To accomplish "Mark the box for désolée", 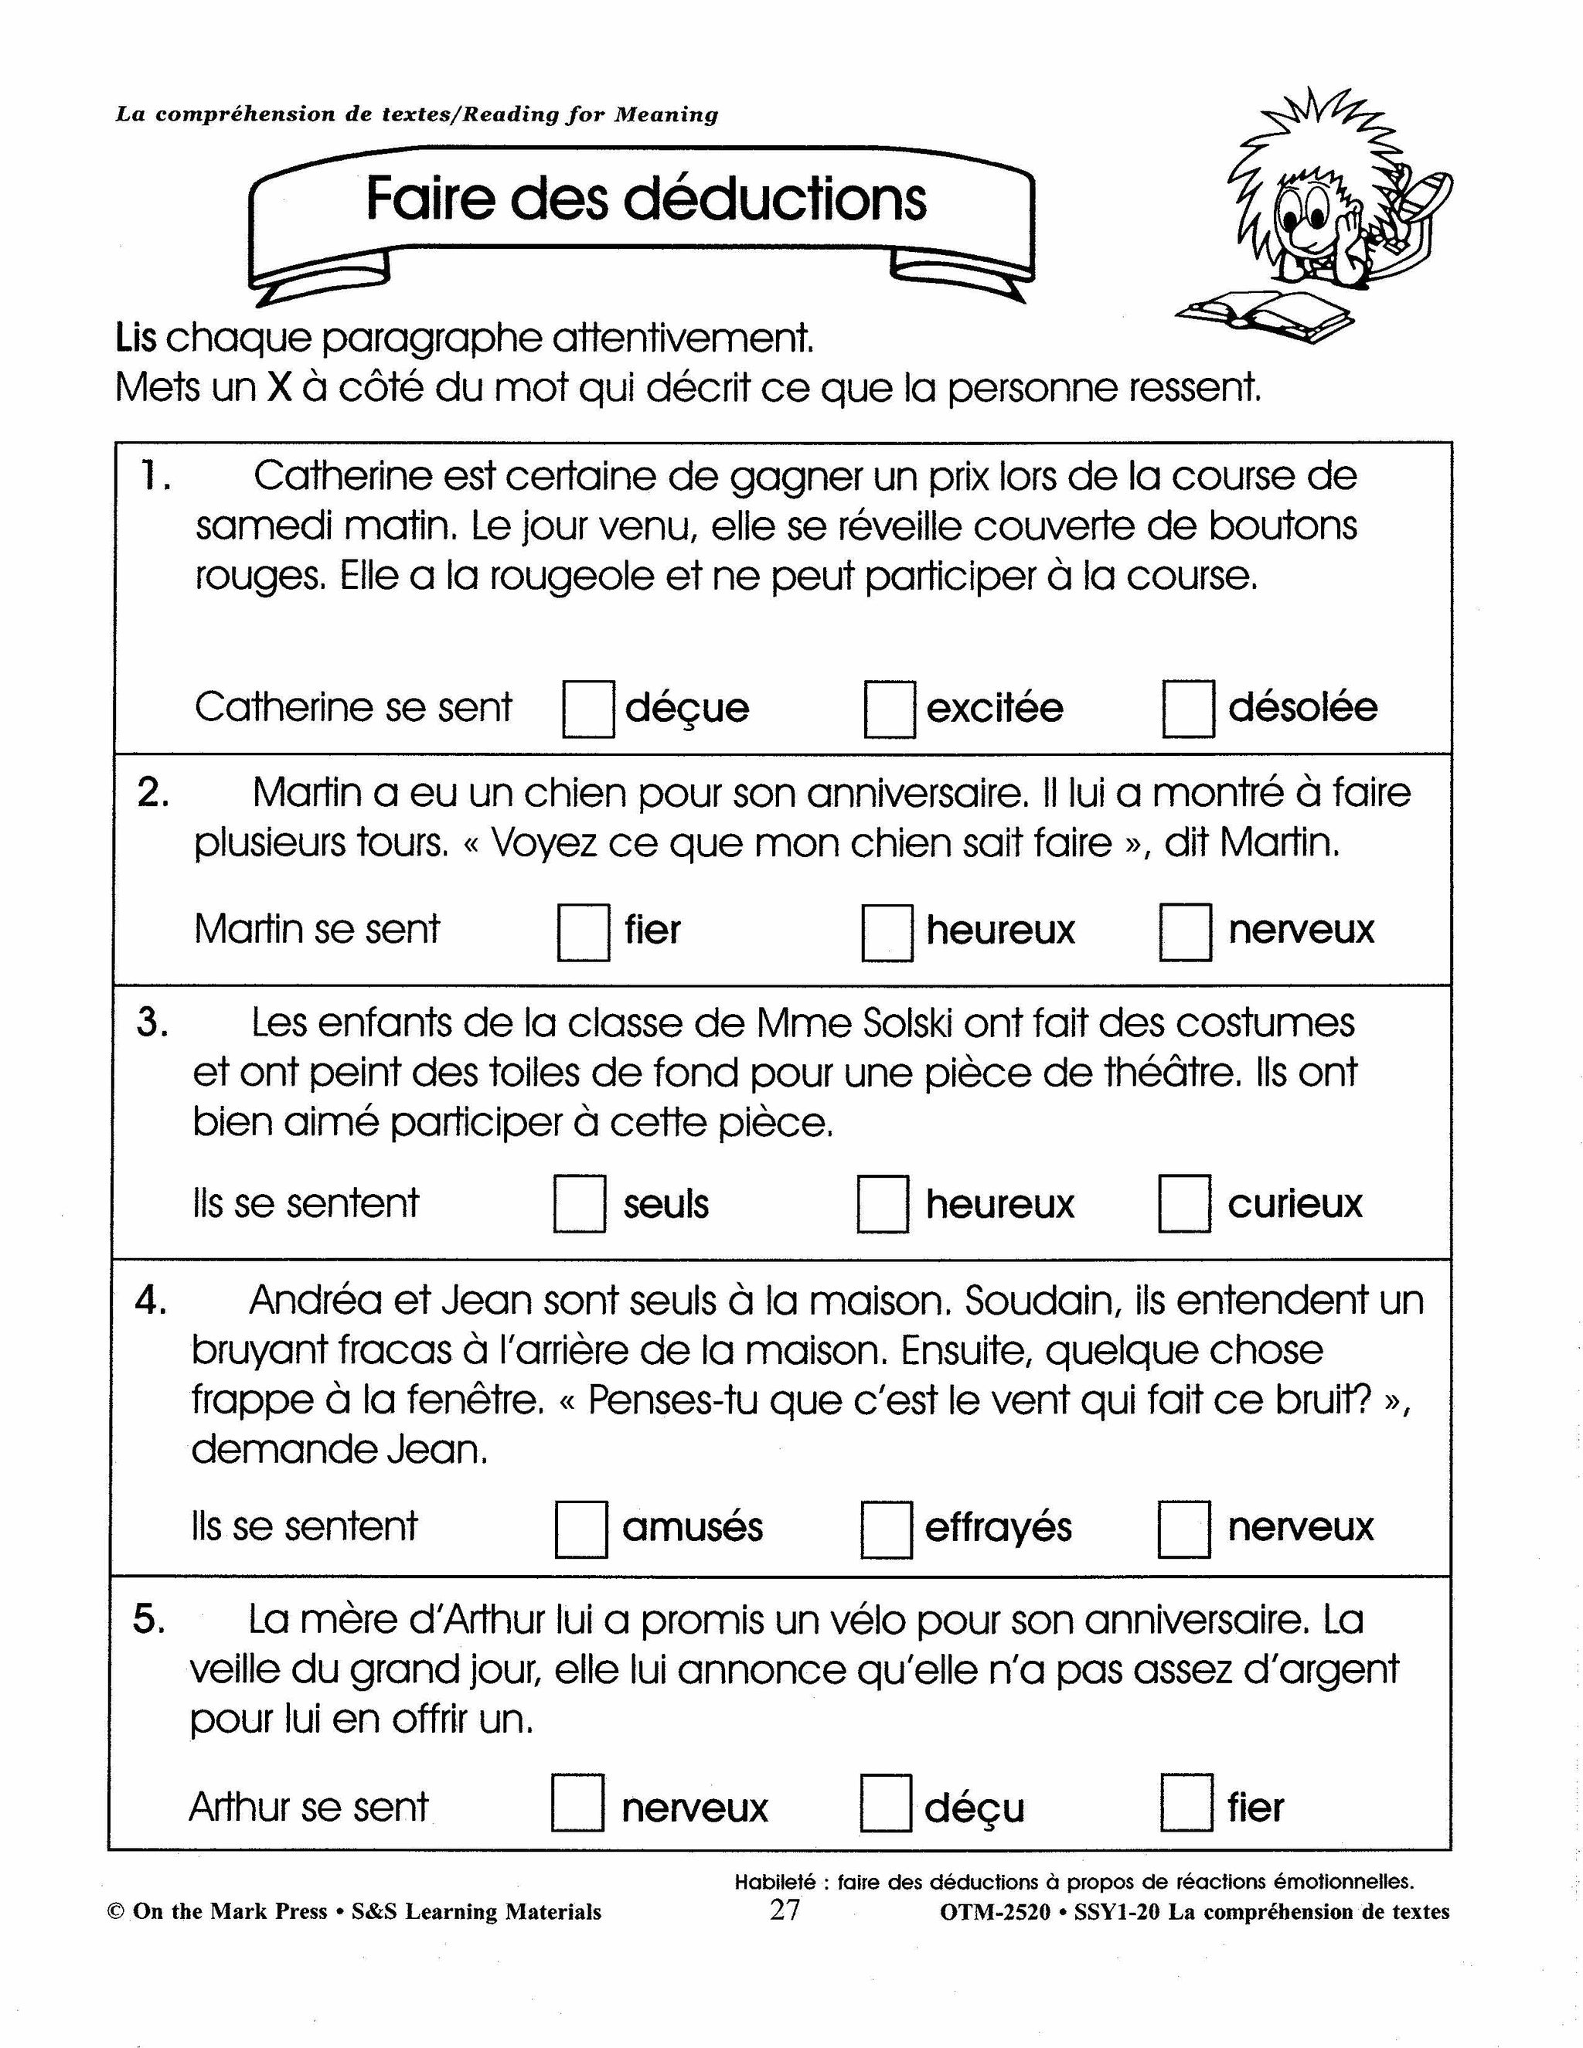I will tap(1188, 709).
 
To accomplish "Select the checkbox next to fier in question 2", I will tap(584, 931).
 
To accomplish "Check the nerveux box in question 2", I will tap(1184, 931).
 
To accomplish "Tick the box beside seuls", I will tap(580, 1204).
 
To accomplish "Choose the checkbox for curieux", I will tap(1183, 1203).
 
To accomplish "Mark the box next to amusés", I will tap(580, 1529).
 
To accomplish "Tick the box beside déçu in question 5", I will tap(885, 1802).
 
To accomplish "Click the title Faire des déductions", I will tap(645, 199).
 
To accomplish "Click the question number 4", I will tap(150, 1301).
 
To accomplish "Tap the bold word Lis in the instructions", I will tap(136, 338).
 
